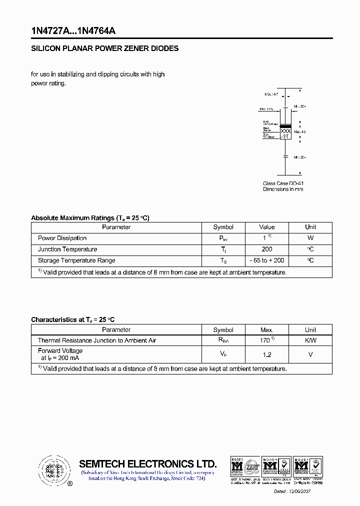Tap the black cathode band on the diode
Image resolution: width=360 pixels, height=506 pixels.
click(x=285, y=125)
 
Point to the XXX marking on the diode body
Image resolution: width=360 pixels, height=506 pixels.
click(x=285, y=130)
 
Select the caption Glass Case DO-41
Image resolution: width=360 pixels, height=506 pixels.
click(x=283, y=183)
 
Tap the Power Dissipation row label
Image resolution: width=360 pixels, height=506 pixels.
click(x=62, y=238)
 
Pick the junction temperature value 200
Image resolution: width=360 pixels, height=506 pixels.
click(x=267, y=249)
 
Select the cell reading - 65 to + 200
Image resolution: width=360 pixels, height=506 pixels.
click(x=267, y=260)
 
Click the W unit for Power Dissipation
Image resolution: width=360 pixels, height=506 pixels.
click(x=310, y=238)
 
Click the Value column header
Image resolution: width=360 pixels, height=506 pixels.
click(x=267, y=227)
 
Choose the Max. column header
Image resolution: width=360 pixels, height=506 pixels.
click(x=267, y=330)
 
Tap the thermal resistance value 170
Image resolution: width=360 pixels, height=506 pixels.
click(x=265, y=340)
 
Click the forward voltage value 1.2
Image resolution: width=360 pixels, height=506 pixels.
click(x=267, y=354)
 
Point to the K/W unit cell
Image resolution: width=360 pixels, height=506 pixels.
click(x=310, y=340)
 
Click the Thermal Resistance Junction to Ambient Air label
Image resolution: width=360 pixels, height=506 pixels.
click(x=97, y=340)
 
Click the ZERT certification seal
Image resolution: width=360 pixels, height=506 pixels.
click(x=252, y=466)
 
